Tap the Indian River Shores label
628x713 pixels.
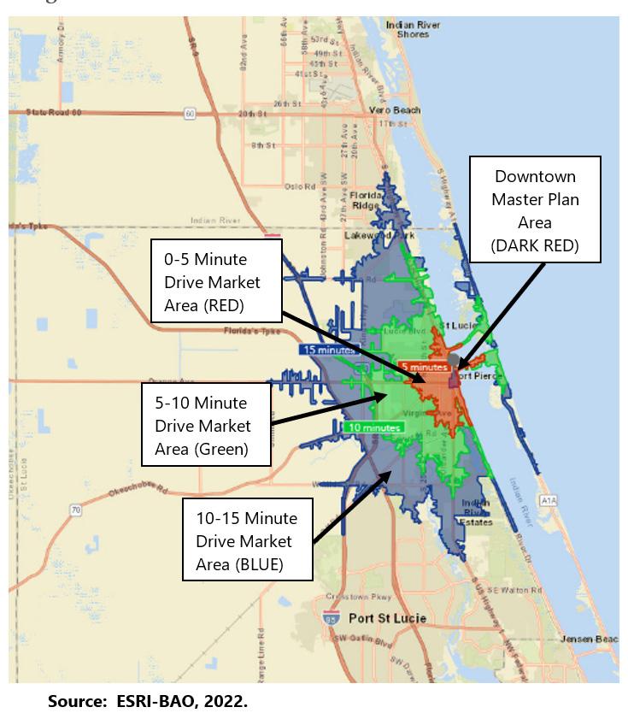tap(413, 29)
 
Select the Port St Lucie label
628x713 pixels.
tap(387, 618)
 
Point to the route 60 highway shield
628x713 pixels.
tap(189, 113)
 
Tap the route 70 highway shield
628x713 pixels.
tap(76, 510)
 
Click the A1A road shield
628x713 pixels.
tap(549, 500)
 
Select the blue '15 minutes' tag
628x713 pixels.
tap(325, 350)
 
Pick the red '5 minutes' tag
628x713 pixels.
tap(425, 367)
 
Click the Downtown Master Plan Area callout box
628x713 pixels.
tap(535, 210)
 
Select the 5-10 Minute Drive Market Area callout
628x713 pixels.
tap(206, 425)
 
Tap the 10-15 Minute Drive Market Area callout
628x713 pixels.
tap(247, 541)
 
